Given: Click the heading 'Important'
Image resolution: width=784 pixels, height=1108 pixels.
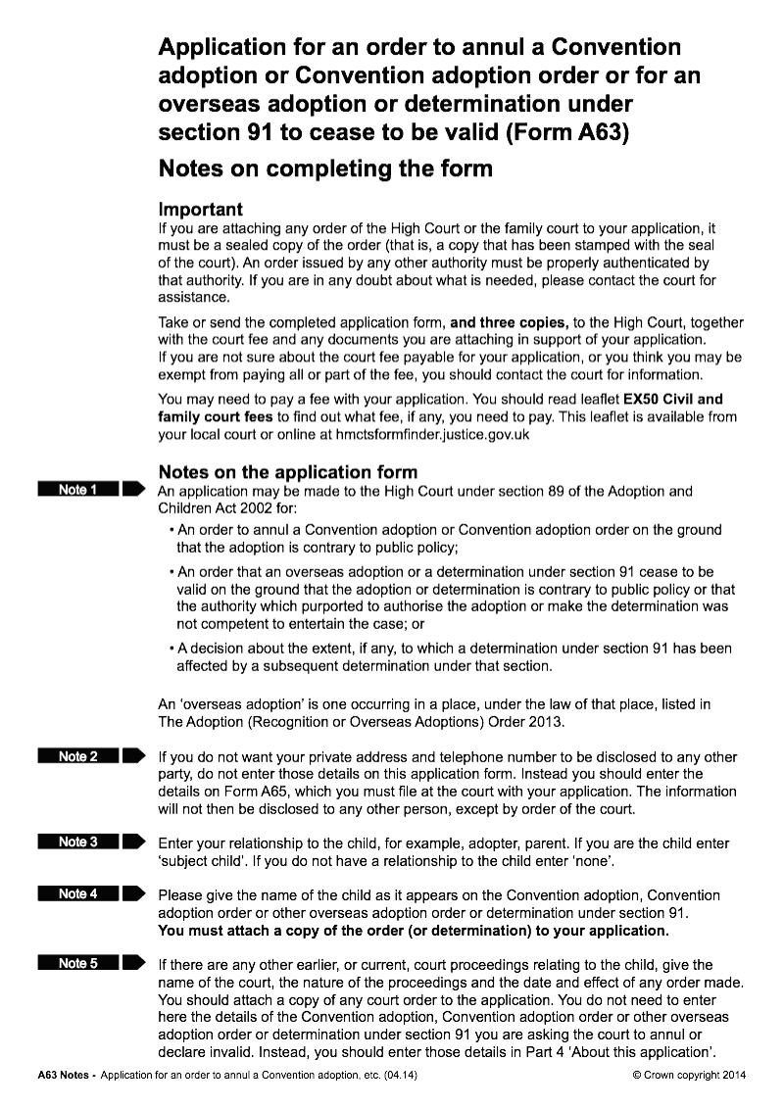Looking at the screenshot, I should click(200, 210).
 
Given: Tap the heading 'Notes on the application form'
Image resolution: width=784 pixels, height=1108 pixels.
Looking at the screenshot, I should click(287, 472).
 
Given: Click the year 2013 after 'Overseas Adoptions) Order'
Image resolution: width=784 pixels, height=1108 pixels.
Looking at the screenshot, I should click(549, 722).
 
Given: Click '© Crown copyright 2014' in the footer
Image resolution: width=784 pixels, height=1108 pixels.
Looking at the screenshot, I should click(690, 1075).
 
